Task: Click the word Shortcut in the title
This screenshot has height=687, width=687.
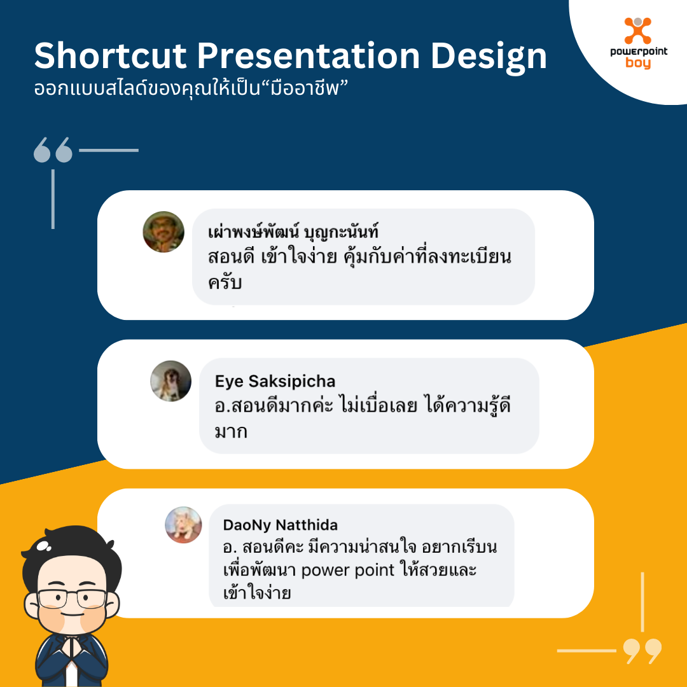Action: [x=111, y=56]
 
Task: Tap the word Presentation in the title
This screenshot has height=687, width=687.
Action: [x=309, y=56]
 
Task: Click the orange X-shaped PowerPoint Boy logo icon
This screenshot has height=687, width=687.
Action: [x=638, y=31]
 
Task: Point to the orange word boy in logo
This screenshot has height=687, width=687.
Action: [x=638, y=63]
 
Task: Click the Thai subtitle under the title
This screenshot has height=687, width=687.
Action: [x=191, y=88]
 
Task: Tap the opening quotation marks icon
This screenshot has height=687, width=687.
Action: [x=53, y=150]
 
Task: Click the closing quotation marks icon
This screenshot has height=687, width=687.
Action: [x=642, y=651]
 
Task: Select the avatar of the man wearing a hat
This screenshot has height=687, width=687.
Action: [x=163, y=232]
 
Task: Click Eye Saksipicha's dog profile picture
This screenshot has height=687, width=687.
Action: [x=170, y=381]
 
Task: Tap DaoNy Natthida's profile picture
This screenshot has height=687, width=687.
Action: [x=183, y=525]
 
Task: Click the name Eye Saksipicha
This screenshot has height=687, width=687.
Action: [x=275, y=381]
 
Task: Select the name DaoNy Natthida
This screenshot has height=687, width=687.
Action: [x=281, y=525]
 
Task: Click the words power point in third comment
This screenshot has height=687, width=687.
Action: [x=348, y=571]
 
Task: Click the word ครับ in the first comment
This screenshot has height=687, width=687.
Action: [x=225, y=282]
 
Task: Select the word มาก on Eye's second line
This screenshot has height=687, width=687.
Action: [x=231, y=431]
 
